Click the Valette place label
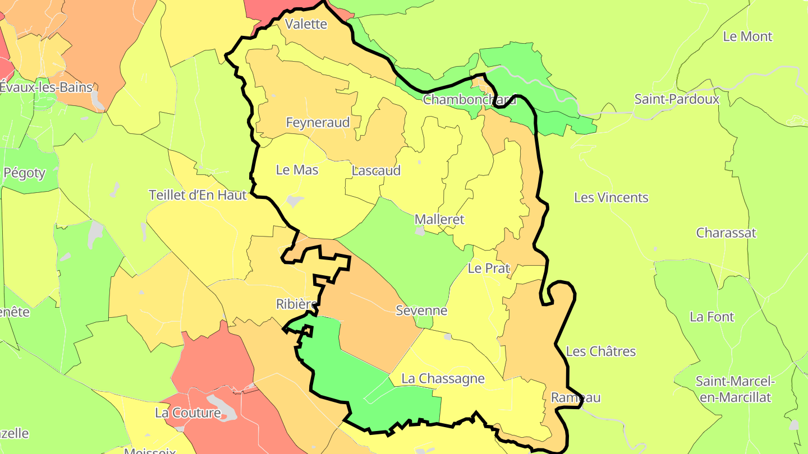point(306,24)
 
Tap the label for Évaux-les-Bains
point(46,87)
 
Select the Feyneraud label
point(318,123)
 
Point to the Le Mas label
point(297,170)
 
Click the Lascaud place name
point(376,170)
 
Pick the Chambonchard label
point(470,100)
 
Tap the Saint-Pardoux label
point(677,99)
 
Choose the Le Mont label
point(747,37)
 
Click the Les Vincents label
point(611,198)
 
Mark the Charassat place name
point(726,233)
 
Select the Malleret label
point(439,220)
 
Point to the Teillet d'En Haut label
point(198,195)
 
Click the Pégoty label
point(24,173)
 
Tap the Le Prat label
point(488,268)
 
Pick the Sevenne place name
point(421,311)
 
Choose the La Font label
point(711,317)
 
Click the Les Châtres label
point(601,351)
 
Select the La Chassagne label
point(443,379)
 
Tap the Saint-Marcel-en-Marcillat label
point(735,390)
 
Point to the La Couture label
point(187,414)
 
